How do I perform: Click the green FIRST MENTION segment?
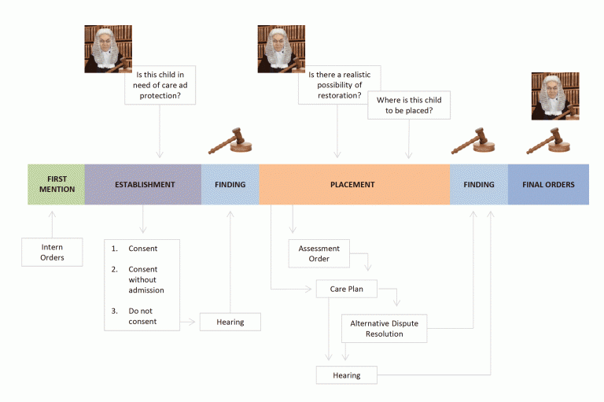point(56,185)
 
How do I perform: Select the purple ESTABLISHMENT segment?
point(143,185)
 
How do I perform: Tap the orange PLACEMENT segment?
point(354,185)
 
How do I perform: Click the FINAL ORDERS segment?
point(548,185)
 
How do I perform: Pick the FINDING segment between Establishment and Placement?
point(230,185)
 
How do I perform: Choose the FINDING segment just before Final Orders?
point(478,185)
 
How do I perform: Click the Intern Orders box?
point(52,253)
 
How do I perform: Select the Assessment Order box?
point(319,253)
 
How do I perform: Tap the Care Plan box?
point(346,290)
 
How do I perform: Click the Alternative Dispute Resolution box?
point(385,329)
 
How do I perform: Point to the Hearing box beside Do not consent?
point(230,322)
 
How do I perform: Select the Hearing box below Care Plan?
point(346,375)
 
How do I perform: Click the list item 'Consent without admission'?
point(145,280)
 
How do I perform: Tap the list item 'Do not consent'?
point(142,316)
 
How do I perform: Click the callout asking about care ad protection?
point(160,85)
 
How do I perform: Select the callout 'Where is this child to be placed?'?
point(408,106)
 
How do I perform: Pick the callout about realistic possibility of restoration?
point(339,85)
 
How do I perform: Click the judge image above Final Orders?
point(554,96)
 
